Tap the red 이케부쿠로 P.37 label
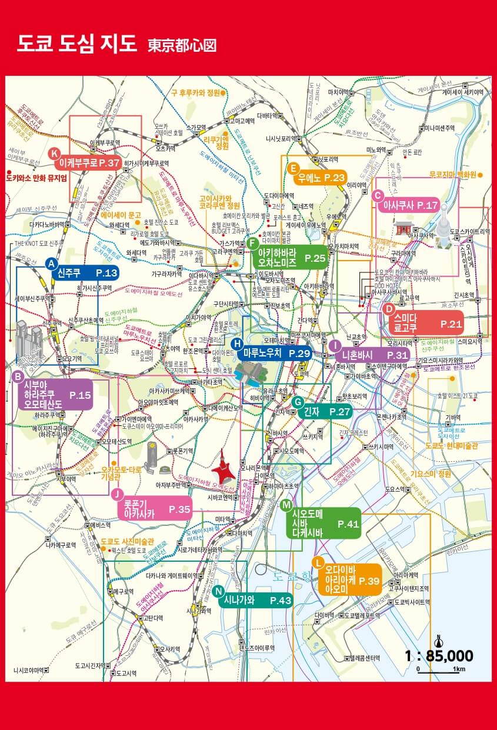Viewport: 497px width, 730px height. pyautogui.click(x=89, y=163)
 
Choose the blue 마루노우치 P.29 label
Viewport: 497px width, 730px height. pyautogui.click(x=276, y=353)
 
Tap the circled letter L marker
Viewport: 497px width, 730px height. pyautogui.click(x=318, y=562)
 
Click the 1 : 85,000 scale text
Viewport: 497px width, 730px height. pyautogui.click(x=439, y=656)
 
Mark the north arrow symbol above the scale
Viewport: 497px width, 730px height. pyautogui.click(x=438, y=640)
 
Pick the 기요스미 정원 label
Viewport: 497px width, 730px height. pyautogui.click(x=431, y=474)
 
